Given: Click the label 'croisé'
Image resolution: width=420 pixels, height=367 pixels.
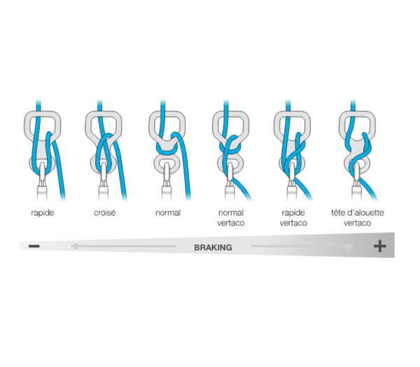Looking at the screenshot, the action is pyautogui.click(x=105, y=213).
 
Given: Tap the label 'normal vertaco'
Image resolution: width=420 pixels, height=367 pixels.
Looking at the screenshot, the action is pyautogui.click(x=231, y=218).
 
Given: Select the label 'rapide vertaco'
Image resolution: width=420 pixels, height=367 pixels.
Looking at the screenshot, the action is pyautogui.click(x=293, y=218).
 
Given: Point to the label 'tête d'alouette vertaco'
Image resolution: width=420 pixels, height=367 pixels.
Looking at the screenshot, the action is pyautogui.click(x=357, y=218).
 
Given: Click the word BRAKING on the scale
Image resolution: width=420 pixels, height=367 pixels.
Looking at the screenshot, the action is pyautogui.click(x=213, y=247).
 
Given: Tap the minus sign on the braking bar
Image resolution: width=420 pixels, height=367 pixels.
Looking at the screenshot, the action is pyautogui.click(x=34, y=246).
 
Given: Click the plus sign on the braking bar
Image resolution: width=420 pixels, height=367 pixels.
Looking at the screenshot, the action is pyautogui.click(x=380, y=246).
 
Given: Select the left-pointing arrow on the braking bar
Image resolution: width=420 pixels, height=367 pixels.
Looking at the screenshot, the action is pyautogui.click(x=123, y=246).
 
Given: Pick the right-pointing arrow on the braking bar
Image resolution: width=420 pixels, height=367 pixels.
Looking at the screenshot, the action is pyautogui.click(x=302, y=246).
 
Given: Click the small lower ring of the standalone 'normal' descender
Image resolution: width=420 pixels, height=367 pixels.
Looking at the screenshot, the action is pyautogui.click(x=167, y=163).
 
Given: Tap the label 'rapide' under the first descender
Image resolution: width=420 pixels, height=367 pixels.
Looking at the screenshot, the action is pyautogui.click(x=43, y=213).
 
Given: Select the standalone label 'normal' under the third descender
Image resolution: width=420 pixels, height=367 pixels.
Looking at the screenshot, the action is pyautogui.click(x=168, y=213).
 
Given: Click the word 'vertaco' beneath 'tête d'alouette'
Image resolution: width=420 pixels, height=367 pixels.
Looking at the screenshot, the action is pyautogui.click(x=357, y=223).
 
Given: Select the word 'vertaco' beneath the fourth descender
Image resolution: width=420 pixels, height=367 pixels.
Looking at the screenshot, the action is pyautogui.click(x=231, y=223).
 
